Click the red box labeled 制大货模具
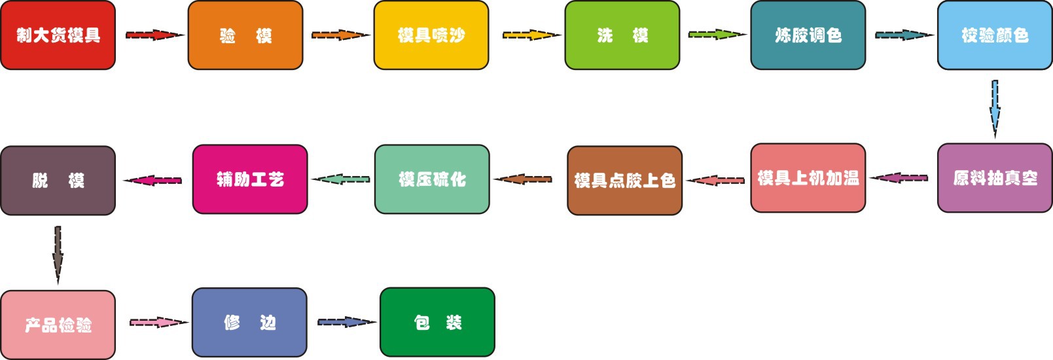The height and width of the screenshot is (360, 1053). click(58, 35)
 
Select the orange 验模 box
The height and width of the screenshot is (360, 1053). click(245, 35)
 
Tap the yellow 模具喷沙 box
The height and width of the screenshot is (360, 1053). click(431, 35)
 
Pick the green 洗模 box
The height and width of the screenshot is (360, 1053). click(622, 35)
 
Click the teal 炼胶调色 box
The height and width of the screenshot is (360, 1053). click(808, 35)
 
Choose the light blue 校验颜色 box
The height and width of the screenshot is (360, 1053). click(995, 35)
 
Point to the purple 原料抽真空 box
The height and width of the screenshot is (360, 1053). click(995, 178)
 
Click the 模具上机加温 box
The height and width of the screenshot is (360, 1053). click(808, 178)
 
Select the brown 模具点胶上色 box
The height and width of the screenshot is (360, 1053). click(625, 181)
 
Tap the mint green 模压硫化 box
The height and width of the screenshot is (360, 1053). click(432, 179)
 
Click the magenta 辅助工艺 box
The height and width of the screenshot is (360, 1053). click(250, 179)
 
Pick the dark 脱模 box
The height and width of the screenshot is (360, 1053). click(58, 181)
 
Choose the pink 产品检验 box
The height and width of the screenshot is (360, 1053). click(58, 325)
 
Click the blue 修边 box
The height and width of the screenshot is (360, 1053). click(249, 323)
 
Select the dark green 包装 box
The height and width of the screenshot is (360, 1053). click(437, 322)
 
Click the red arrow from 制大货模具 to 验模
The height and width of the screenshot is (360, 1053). click(154, 35)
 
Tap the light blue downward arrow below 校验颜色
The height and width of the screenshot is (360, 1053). click(995, 108)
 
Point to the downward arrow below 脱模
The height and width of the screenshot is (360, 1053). click(58, 254)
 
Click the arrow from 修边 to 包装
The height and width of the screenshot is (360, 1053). click(346, 322)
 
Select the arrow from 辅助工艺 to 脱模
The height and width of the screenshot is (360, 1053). click(153, 180)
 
